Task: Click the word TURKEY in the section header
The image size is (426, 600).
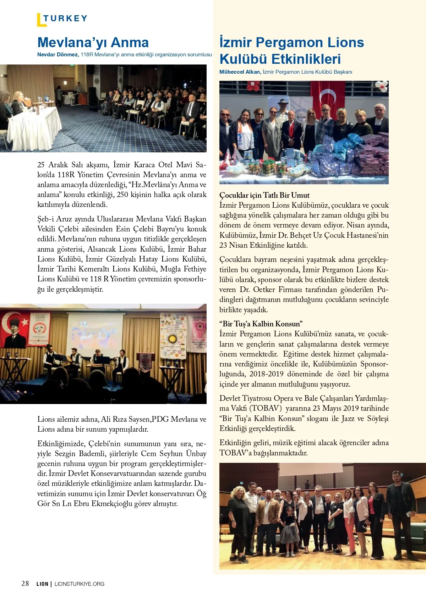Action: coord(65,18)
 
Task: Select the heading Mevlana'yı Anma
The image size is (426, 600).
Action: coord(93,43)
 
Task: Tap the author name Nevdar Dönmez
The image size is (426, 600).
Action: coord(58,55)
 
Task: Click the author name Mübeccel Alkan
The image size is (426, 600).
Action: coord(240,72)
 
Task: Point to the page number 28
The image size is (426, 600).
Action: coord(25,583)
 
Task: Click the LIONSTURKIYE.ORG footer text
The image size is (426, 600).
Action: coord(80,584)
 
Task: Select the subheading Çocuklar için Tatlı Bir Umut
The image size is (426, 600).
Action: coord(264,195)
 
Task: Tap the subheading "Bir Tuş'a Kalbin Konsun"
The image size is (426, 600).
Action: coord(261,324)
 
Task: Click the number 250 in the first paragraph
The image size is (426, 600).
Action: coord(122,195)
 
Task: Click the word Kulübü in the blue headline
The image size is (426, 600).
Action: coord(248,59)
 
